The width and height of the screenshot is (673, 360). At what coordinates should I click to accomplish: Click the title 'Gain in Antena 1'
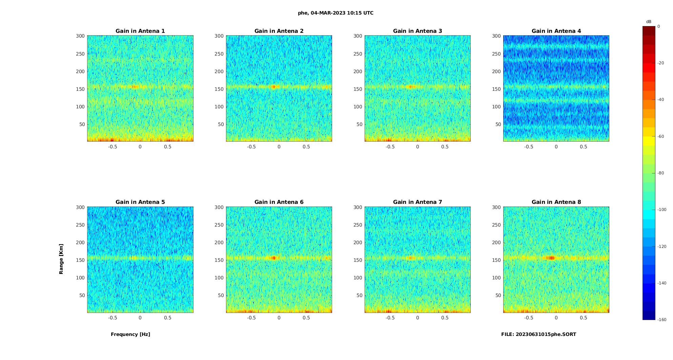(x=140, y=31)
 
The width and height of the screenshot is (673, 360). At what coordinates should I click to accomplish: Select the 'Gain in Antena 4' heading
(x=556, y=31)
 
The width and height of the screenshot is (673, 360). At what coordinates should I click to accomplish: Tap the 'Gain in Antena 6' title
(x=279, y=202)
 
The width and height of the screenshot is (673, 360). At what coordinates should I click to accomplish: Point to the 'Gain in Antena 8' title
(x=556, y=202)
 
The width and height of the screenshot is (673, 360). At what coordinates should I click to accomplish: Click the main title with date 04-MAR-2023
(x=335, y=13)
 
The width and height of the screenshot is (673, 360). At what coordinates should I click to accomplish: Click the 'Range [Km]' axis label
(x=61, y=259)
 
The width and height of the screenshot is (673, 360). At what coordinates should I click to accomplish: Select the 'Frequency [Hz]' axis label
(x=130, y=334)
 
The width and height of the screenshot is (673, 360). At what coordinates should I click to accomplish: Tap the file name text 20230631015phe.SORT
(x=538, y=334)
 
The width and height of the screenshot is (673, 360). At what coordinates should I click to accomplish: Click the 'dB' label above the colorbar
(x=649, y=22)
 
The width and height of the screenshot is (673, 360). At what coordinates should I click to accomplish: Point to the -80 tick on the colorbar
(x=660, y=173)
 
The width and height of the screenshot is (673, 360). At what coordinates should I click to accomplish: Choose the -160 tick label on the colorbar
(x=661, y=320)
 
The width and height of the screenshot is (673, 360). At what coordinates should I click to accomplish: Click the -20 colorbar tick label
(x=660, y=63)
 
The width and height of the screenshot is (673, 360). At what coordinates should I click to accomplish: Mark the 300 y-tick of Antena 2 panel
(x=219, y=36)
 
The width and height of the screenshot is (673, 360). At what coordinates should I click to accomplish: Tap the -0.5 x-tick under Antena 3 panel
(x=390, y=147)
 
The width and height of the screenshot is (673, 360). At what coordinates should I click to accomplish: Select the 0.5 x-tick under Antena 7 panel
(x=445, y=318)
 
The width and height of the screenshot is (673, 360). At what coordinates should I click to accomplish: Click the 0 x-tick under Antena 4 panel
(x=556, y=147)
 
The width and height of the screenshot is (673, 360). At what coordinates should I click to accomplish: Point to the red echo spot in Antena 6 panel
(x=273, y=258)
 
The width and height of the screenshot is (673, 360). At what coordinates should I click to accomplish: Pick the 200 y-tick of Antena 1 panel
(x=80, y=71)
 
